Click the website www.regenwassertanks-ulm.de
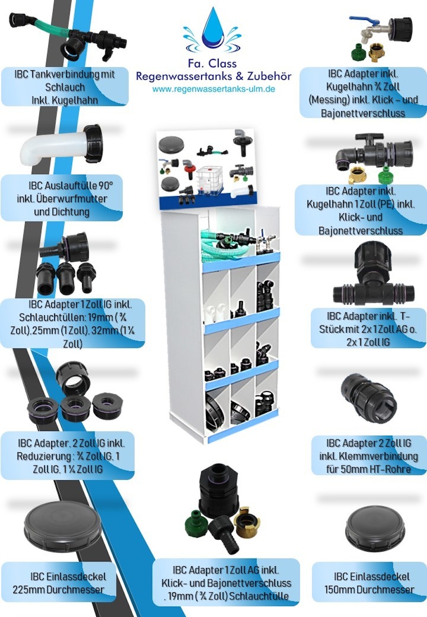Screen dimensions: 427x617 tap(213, 89)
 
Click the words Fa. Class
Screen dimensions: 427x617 tap(212, 64)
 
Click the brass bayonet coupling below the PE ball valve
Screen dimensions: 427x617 tap(358, 175)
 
